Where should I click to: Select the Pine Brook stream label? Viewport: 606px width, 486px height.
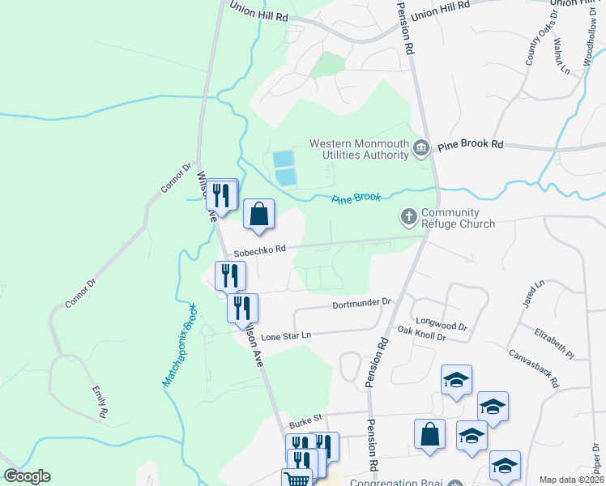click(356, 199)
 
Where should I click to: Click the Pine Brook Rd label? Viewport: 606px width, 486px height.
click(471, 144)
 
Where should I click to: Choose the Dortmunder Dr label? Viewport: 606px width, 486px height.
click(361, 304)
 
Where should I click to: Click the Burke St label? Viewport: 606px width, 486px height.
click(305, 420)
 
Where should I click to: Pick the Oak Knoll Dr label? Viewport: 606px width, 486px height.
click(421, 332)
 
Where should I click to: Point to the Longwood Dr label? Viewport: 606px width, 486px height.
click(441, 322)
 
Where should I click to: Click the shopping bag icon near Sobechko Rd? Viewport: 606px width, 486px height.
click(258, 215)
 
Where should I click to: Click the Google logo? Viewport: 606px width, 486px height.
click(27, 476)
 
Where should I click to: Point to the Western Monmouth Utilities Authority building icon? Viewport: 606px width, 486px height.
click(421, 148)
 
